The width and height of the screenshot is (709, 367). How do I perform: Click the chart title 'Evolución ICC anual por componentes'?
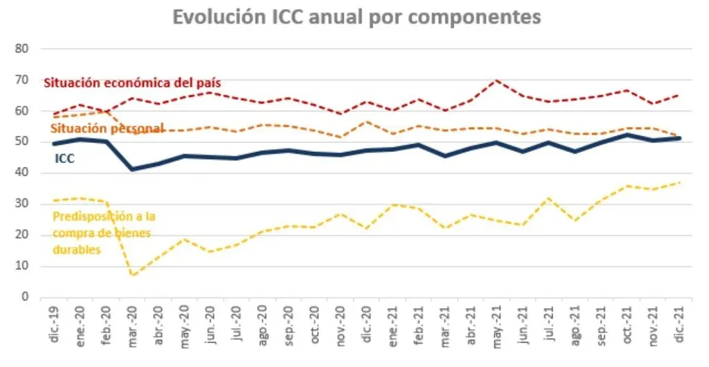click(356, 17)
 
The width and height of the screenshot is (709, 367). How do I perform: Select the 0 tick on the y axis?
click(24, 297)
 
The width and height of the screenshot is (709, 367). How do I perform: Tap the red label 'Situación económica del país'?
click(132, 83)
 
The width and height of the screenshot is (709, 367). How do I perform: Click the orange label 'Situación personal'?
click(107, 128)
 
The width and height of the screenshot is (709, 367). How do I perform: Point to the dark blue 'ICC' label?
click(64, 159)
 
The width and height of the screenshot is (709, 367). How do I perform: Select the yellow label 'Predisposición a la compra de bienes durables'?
click(102, 232)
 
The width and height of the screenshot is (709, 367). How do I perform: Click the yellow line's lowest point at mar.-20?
click(133, 275)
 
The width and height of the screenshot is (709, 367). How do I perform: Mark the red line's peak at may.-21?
click(496, 80)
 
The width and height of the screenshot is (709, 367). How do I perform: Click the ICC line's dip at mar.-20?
click(133, 169)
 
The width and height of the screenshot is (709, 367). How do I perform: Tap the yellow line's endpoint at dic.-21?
click(678, 182)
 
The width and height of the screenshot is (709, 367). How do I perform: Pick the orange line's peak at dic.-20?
click(366, 122)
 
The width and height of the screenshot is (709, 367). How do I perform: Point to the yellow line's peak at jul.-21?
click(548, 198)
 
